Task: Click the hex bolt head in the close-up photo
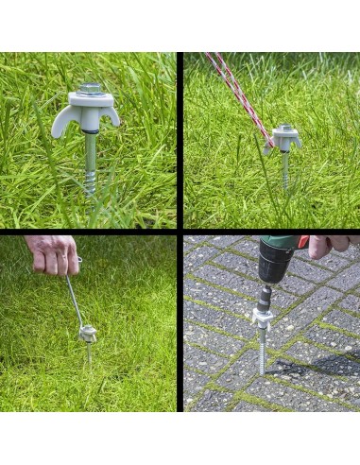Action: point(91,89)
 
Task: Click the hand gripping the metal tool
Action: point(52,253)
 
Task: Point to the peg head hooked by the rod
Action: point(88,333)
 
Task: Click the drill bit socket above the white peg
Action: point(264,293)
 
